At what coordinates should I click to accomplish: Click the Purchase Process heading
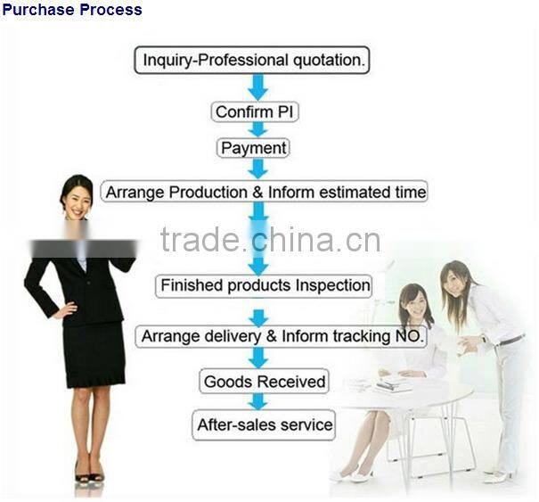point(71,10)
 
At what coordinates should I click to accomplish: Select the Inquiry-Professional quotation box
point(251,61)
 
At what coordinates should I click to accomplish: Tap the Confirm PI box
point(256,112)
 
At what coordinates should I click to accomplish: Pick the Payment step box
point(254,147)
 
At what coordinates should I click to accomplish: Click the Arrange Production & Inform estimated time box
point(264,192)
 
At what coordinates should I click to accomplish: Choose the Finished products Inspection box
point(264,286)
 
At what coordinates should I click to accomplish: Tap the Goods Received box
point(265,382)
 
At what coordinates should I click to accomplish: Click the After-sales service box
point(264,424)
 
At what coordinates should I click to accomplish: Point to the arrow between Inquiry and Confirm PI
point(257,86)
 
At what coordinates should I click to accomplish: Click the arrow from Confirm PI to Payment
point(257,129)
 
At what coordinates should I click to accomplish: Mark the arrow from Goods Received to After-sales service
point(257,402)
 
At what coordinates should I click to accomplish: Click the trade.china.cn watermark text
point(270,240)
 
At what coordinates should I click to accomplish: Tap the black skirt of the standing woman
point(93,353)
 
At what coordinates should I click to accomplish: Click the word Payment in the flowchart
point(254,147)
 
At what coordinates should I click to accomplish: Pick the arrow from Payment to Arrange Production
point(258,169)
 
